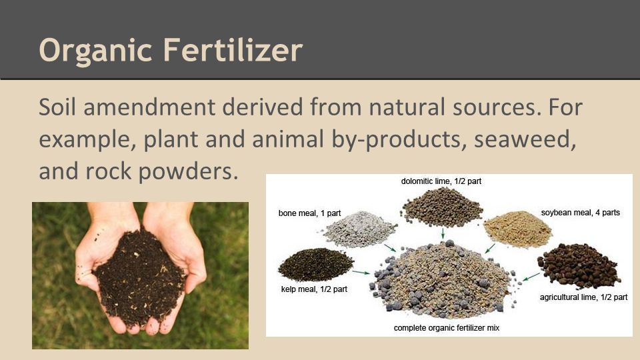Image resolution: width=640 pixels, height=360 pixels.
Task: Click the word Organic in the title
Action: (x=95, y=50)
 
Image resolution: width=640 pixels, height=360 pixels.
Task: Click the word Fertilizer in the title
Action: (x=233, y=49)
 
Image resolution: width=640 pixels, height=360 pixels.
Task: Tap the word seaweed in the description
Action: (x=525, y=139)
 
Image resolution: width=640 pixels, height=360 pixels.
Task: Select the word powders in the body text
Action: (x=188, y=171)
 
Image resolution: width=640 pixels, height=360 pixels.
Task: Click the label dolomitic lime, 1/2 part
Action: (x=441, y=181)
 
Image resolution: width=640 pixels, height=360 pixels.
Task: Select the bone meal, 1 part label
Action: (x=309, y=213)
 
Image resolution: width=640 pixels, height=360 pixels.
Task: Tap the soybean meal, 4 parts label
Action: (x=581, y=213)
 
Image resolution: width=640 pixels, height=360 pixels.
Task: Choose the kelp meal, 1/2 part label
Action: (x=314, y=289)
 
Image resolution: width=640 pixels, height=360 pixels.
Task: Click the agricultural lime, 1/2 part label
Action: (x=584, y=297)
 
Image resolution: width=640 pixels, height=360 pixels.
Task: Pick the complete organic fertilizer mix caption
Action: (x=447, y=328)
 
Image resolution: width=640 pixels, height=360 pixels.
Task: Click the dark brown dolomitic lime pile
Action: (x=443, y=207)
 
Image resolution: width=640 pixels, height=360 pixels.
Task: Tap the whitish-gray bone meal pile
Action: (x=359, y=229)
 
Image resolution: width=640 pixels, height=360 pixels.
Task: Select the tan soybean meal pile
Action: (x=517, y=229)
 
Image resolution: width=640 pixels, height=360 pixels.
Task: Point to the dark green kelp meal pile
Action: (x=315, y=265)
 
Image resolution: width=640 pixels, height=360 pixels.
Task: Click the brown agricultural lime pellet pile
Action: (x=579, y=266)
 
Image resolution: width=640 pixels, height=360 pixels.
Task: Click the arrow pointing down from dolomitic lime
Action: (x=443, y=233)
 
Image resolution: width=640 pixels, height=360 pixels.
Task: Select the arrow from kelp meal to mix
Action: (x=361, y=272)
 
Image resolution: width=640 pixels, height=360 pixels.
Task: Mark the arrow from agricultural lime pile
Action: (x=531, y=277)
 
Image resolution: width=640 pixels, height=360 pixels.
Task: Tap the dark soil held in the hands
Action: (x=139, y=277)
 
